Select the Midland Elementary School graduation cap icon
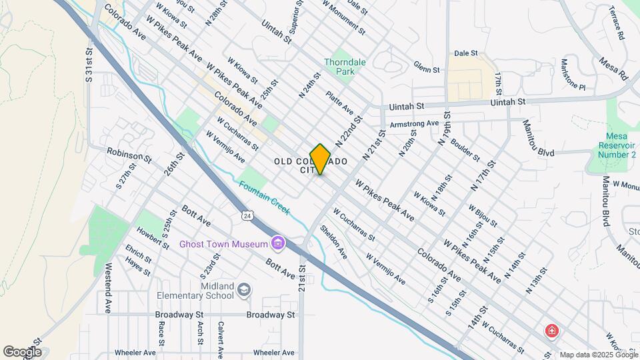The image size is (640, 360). tap(245, 289)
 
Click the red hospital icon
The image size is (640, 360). tap(551, 330)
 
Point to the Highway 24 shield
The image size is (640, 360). tap(248, 216)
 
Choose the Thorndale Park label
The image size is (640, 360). tap(344, 66)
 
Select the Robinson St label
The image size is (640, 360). tap(129, 155)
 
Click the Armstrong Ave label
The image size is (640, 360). tap(414, 123)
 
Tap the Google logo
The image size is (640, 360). tap(22, 351)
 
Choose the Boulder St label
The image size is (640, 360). tap(465, 149)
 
